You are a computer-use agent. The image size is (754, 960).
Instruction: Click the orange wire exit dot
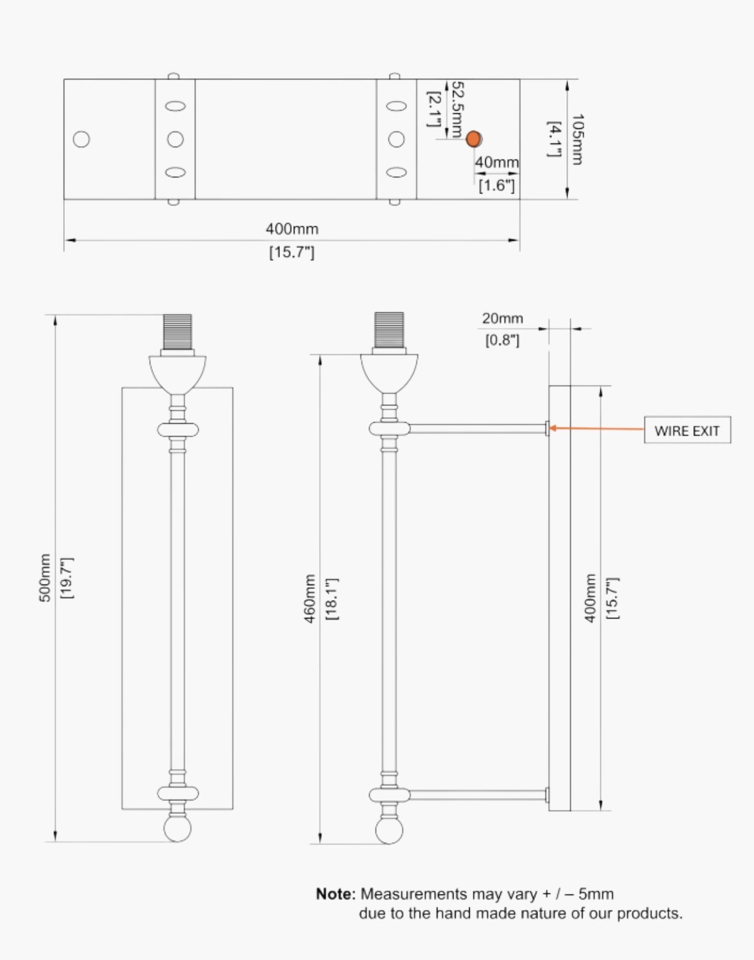[473, 139]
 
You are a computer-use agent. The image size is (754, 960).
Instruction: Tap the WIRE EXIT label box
[687, 430]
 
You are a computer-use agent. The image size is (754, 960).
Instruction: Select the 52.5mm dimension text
[457, 109]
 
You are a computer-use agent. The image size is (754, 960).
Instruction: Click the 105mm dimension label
[577, 139]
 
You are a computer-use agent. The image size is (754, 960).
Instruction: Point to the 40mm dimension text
[496, 162]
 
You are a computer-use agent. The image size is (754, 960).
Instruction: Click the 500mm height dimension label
[45, 578]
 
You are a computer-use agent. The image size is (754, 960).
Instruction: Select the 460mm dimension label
[310, 598]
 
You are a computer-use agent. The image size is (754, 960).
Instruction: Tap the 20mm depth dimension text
[502, 318]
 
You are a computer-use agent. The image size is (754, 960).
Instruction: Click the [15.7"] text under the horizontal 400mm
[292, 253]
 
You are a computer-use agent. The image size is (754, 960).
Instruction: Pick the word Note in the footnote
[335, 894]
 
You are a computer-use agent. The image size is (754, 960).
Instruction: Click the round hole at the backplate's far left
[81, 139]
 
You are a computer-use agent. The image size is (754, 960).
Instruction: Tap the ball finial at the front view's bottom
[177, 828]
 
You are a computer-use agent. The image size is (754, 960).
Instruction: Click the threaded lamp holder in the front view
[177, 331]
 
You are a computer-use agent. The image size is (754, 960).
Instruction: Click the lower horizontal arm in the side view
[477, 795]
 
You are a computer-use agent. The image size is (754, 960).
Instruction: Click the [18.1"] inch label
[332, 599]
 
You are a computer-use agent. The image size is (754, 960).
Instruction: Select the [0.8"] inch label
[502, 340]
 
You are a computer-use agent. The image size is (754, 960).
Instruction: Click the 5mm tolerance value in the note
[596, 894]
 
